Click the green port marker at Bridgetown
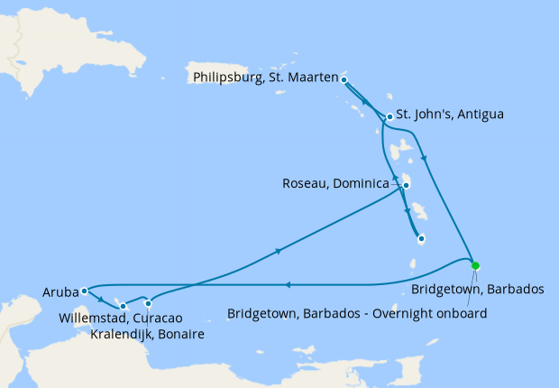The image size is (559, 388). click(x=475, y=265)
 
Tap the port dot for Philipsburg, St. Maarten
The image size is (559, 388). click(x=344, y=79)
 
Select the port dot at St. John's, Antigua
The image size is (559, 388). click(x=389, y=116)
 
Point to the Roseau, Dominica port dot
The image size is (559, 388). click(x=407, y=186)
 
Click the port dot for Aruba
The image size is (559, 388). click(x=83, y=291)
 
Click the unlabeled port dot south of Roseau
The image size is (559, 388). click(x=421, y=239)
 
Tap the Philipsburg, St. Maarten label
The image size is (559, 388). click(x=265, y=78)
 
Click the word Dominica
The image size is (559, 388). click(x=361, y=184)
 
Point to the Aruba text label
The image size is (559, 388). click(x=59, y=291)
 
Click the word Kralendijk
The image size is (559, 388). click(x=123, y=335)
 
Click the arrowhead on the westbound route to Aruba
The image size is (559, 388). click(x=286, y=285)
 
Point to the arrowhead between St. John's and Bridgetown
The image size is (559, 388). click(x=424, y=160)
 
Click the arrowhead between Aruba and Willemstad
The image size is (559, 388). click(x=101, y=300)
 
